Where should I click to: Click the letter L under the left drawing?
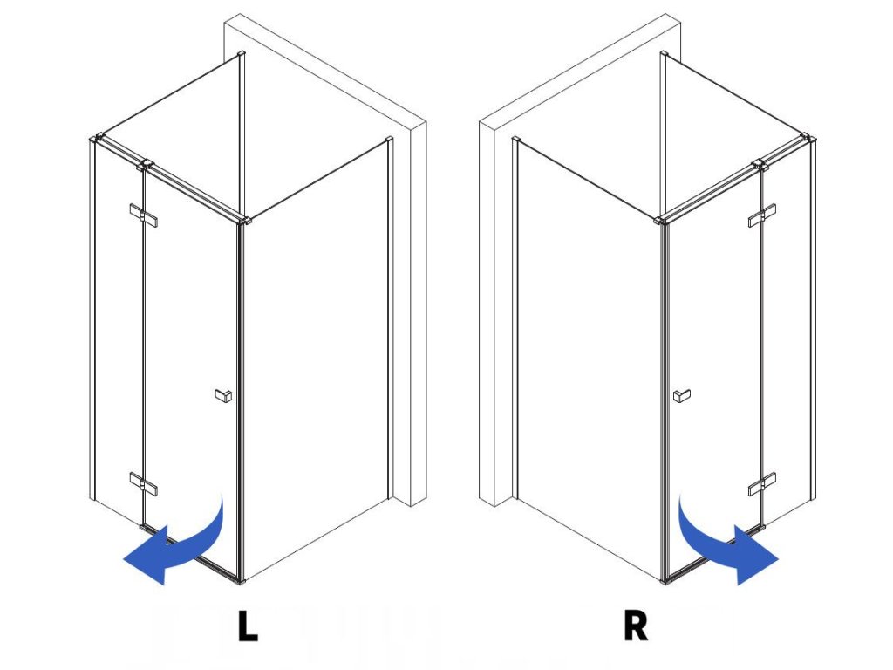coord(248,626)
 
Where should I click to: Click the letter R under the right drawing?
coord(636,626)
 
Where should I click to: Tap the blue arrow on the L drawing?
coord(174,545)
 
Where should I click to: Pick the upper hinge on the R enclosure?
coord(762,215)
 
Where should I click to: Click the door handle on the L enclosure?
coord(223,396)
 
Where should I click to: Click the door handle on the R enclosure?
coord(681,396)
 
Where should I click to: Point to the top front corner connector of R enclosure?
coord(662,220)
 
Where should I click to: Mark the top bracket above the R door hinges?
coord(758,163)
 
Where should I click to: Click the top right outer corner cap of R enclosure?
coord(810,137)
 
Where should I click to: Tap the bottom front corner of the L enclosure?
coord(240,578)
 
